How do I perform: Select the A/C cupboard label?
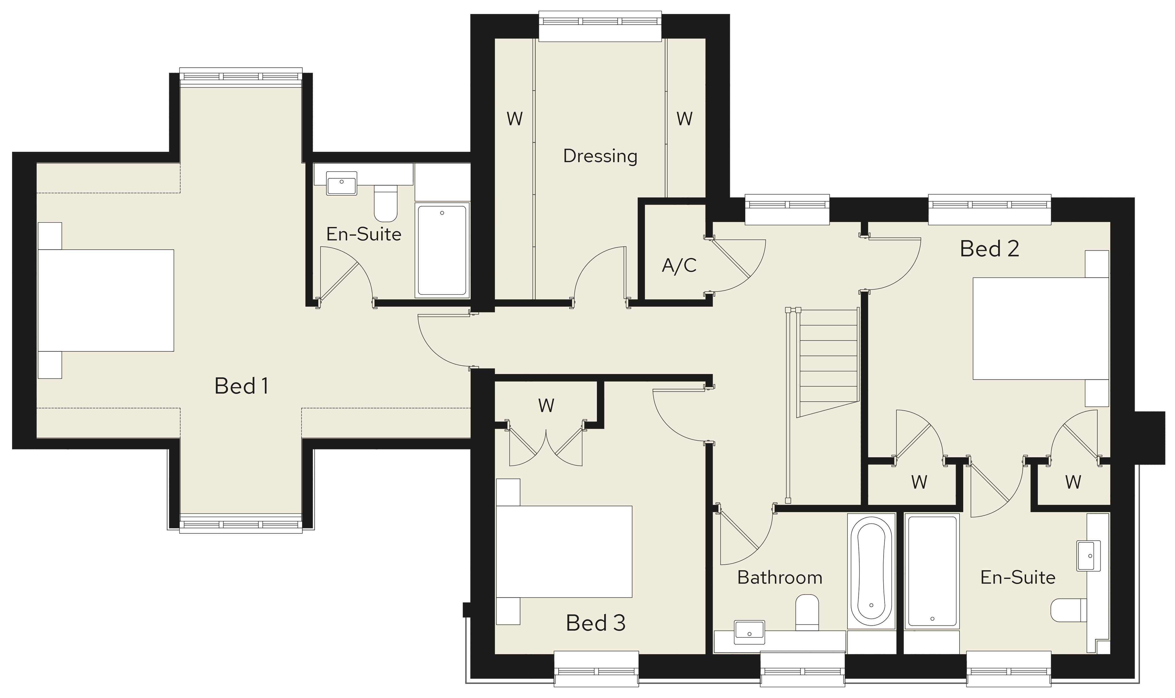click(679, 266)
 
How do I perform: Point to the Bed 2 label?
click(990, 248)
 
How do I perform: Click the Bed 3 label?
click(596, 623)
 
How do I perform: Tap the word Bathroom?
click(780, 577)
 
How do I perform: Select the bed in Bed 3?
click(564, 552)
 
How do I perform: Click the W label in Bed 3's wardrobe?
click(546, 405)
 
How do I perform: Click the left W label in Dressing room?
click(515, 119)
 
